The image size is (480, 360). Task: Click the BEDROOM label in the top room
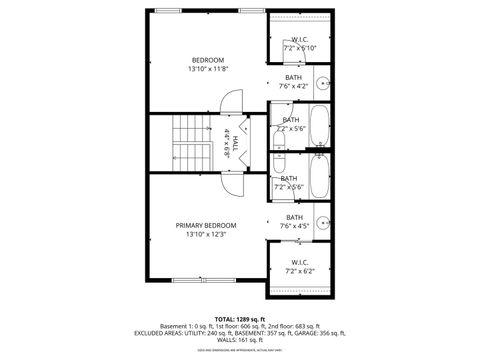[207, 60]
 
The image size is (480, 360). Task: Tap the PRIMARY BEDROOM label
[207, 226]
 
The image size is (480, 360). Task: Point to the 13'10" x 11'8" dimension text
[207, 69]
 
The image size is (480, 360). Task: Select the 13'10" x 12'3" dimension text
[207, 235]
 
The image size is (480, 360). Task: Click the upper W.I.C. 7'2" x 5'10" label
[300, 43]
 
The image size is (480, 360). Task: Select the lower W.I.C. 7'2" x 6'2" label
[300, 266]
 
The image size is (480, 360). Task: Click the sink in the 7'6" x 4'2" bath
[323, 83]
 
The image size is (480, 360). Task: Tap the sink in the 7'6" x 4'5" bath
[323, 223]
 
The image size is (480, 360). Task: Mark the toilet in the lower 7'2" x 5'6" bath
[280, 165]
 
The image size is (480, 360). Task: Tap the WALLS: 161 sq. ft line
[239, 341]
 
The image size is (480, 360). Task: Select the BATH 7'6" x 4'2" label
[294, 81]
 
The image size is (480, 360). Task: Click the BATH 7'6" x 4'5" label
[295, 221]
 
